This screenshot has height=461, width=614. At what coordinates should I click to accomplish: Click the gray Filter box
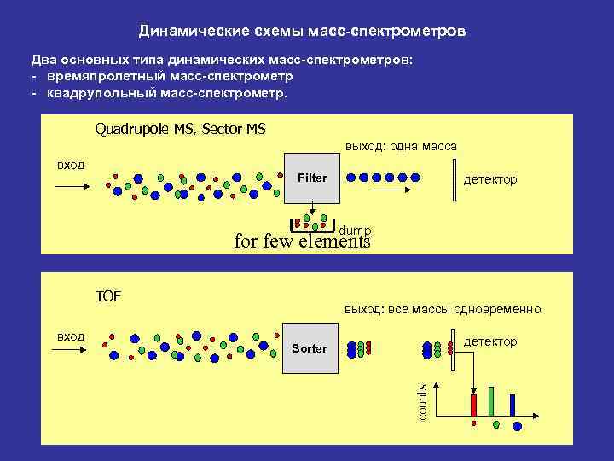click(x=312, y=178)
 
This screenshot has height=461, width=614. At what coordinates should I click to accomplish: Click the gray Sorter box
click(x=309, y=349)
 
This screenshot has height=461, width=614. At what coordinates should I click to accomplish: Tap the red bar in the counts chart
click(x=473, y=405)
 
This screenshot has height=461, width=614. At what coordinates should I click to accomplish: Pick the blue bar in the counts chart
click(x=512, y=403)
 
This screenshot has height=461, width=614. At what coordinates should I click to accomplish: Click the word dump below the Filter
click(x=355, y=230)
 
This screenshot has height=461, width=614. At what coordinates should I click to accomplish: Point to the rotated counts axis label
click(x=421, y=401)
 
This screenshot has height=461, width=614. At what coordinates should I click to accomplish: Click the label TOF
click(x=108, y=296)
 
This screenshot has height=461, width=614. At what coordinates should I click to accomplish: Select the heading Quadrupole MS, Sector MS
click(x=180, y=129)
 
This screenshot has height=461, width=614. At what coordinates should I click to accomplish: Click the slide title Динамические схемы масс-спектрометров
click(x=303, y=32)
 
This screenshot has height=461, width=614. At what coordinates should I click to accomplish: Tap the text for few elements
click(x=302, y=242)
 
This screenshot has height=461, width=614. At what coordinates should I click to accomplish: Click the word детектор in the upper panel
click(x=489, y=179)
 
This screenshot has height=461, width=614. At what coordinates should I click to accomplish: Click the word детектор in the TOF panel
click(x=489, y=341)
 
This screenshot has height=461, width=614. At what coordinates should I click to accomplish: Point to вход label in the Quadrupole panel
click(x=70, y=164)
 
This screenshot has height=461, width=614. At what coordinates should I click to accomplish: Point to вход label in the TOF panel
click(x=70, y=336)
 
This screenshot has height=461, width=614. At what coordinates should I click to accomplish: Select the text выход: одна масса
click(x=401, y=146)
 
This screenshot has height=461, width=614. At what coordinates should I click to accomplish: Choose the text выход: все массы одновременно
click(x=442, y=309)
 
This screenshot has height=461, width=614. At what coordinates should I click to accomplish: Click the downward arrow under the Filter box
click(x=312, y=210)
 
